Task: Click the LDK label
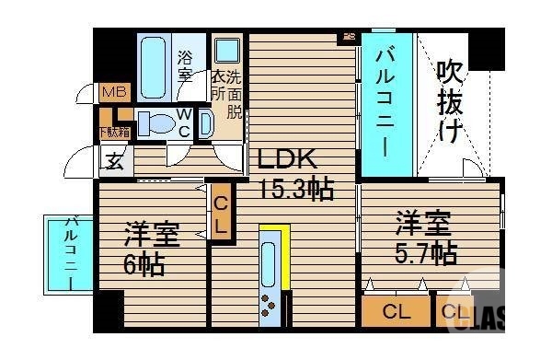click(287, 157)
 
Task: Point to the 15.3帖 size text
click(294, 190)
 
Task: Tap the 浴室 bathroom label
click(185, 64)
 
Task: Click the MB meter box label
click(114, 91)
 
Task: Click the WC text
click(183, 122)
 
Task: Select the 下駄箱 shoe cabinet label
click(114, 132)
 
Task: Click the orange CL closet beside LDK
click(222, 213)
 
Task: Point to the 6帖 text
click(144, 266)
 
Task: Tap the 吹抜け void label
click(449, 100)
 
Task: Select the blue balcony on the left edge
click(70, 253)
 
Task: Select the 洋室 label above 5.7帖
click(423, 222)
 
